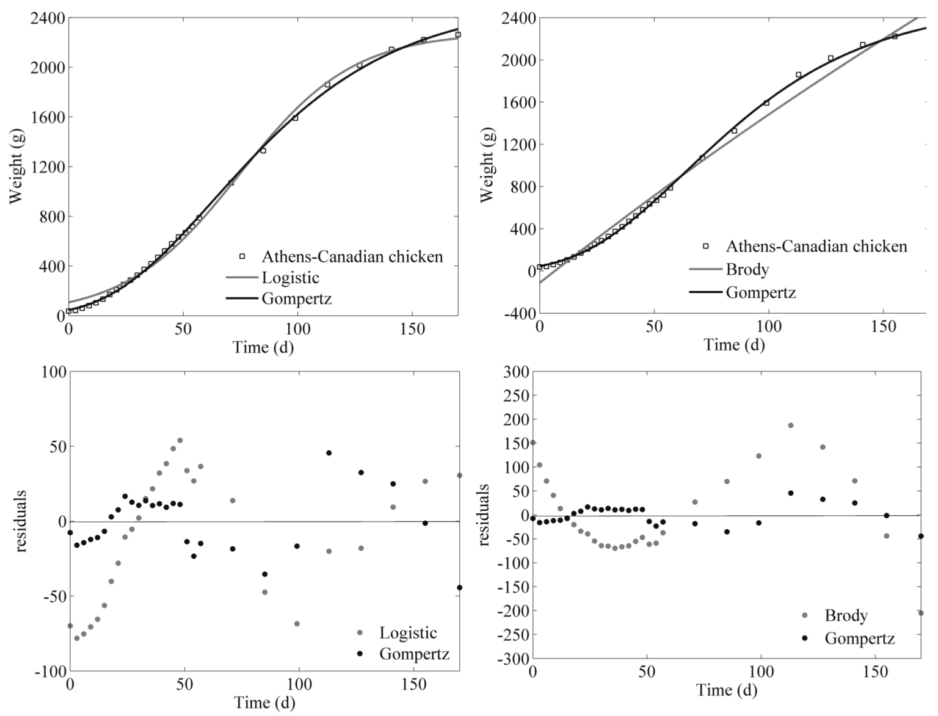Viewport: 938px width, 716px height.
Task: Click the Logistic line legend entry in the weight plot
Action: click(x=290, y=278)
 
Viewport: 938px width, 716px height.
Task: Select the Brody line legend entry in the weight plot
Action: click(x=747, y=269)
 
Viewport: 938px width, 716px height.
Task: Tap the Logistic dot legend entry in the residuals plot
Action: click(x=408, y=633)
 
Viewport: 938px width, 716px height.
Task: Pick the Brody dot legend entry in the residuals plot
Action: click(x=846, y=615)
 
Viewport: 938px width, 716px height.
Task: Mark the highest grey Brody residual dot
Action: click(x=790, y=425)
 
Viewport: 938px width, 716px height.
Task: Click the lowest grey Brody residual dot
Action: click(x=921, y=613)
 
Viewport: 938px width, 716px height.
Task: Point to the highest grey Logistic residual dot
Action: click(x=180, y=440)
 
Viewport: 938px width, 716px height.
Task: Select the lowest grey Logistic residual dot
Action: click(x=77, y=638)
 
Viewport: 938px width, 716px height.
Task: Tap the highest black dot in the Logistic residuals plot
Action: click(x=329, y=453)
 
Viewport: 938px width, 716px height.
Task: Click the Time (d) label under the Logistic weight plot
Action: click(x=263, y=347)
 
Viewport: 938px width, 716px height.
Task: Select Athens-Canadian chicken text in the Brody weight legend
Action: click(x=816, y=247)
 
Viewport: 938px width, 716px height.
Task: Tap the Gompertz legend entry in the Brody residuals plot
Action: click(x=859, y=638)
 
